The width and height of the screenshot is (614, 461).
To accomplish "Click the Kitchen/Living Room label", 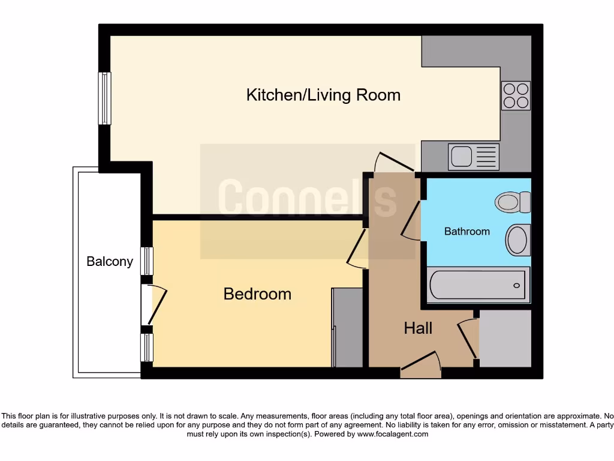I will click(x=323, y=95).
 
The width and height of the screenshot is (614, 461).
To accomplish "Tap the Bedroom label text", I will click(x=257, y=294).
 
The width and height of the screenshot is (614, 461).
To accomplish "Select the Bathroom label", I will click(x=466, y=231).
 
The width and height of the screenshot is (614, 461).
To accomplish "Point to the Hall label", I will click(x=418, y=328).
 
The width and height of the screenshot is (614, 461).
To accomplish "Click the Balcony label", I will click(x=110, y=261).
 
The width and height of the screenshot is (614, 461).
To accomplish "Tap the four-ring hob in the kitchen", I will click(x=516, y=95).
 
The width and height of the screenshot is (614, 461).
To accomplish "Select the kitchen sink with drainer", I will click(x=473, y=157).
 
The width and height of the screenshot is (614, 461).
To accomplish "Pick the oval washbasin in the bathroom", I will click(x=517, y=239).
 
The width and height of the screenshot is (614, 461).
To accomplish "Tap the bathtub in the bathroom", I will click(x=478, y=285).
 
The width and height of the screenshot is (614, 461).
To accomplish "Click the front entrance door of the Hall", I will click(x=421, y=365).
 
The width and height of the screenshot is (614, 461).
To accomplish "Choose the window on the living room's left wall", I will click(x=105, y=98).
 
